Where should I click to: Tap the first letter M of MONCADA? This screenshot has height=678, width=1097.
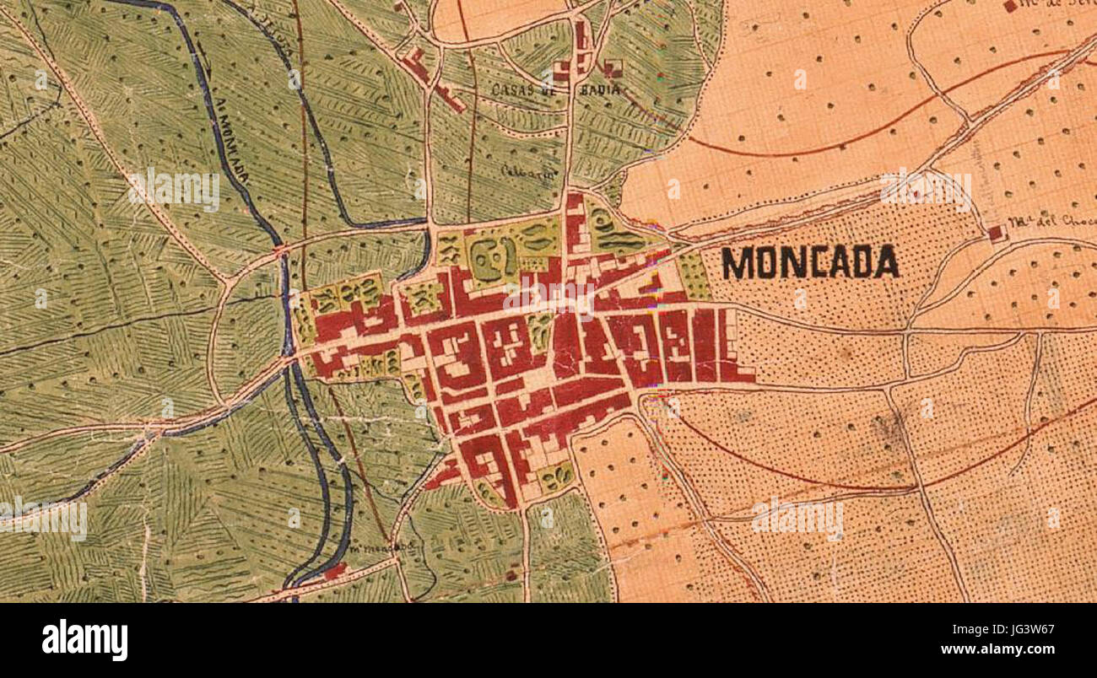point(736,263)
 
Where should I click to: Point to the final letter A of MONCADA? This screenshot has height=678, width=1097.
point(885,263)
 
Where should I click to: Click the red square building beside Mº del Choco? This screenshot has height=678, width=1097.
point(996,232)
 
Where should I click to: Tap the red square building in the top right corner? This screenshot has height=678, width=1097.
point(1010,6)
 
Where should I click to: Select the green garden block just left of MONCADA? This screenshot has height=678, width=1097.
point(694,275)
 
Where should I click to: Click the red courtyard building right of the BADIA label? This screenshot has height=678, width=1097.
point(613,68)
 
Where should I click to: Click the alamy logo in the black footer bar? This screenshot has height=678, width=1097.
point(84,640)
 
